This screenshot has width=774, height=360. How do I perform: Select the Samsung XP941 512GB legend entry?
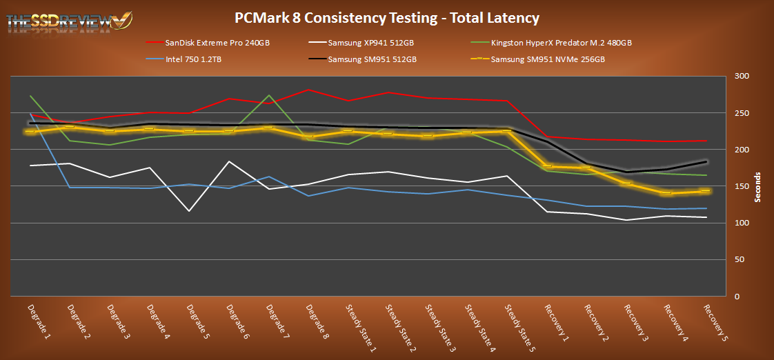373,43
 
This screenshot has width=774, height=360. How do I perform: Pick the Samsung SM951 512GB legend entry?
373,59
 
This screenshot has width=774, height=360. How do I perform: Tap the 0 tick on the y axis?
736,297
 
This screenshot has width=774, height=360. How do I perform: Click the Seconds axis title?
757,186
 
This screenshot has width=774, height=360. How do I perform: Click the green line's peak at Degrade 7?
269,95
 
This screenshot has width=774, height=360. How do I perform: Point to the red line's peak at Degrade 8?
308,90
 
